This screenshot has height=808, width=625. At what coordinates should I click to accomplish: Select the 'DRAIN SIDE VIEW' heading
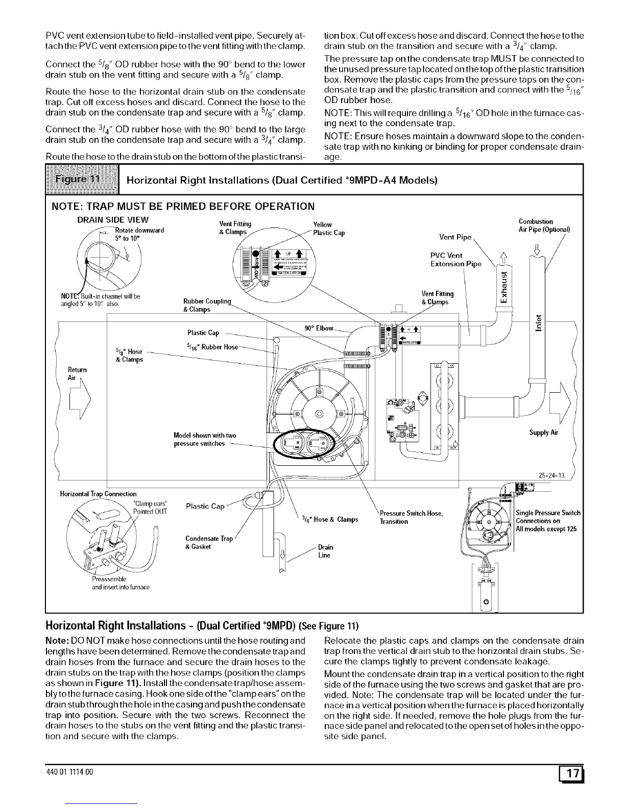pyautogui.click(x=113, y=220)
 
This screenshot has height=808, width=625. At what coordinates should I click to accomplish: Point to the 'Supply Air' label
pyautogui.click(x=544, y=433)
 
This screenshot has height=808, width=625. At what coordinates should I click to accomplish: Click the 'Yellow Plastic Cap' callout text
pyautogui.click(x=328, y=229)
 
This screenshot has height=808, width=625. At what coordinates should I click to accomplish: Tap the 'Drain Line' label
pyautogui.click(x=324, y=551)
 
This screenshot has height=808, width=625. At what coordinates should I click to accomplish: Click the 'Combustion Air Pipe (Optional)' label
pyautogui.click(x=544, y=225)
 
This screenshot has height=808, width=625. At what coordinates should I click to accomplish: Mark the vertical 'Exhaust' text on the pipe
pyautogui.click(x=504, y=286)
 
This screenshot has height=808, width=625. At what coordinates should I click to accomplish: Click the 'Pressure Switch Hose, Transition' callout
pyautogui.click(x=411, y=517)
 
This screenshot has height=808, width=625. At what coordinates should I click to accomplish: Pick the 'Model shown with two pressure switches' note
pyautogui.click(x=205, y=439)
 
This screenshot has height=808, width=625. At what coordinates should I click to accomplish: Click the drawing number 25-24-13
pyautogui.click(x=551, y=475)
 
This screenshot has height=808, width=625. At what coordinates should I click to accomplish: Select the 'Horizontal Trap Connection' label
pyautogui.click(x=99, y=494)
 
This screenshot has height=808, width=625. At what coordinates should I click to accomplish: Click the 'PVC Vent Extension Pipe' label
pyautogui.click(x=455, y=260)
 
